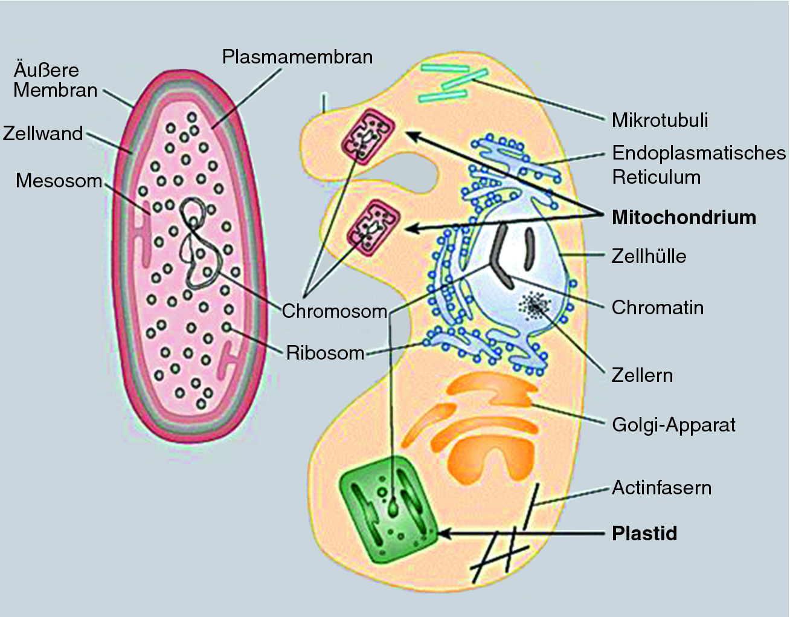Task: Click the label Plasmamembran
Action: [x=297, y=57]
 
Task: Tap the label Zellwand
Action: [x=43, y=133]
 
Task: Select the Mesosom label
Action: [x=59, y=180]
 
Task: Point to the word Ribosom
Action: [x=325, y=352]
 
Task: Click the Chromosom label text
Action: [x=334, y=311]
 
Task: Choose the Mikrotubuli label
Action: [x=660, y=120]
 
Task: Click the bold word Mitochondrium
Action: [x=684, y=218]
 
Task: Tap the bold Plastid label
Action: [x=644, y=534]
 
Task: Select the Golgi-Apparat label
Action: [x=673, y=425]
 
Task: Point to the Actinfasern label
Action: [x=661, y=488]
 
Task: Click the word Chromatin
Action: [x=658, y=308]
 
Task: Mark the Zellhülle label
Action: [x=649, y=256]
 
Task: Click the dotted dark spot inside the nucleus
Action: [x=535, y=306]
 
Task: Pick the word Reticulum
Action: [x=657, y=177]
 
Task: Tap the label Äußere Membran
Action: [x=55, y=80]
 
